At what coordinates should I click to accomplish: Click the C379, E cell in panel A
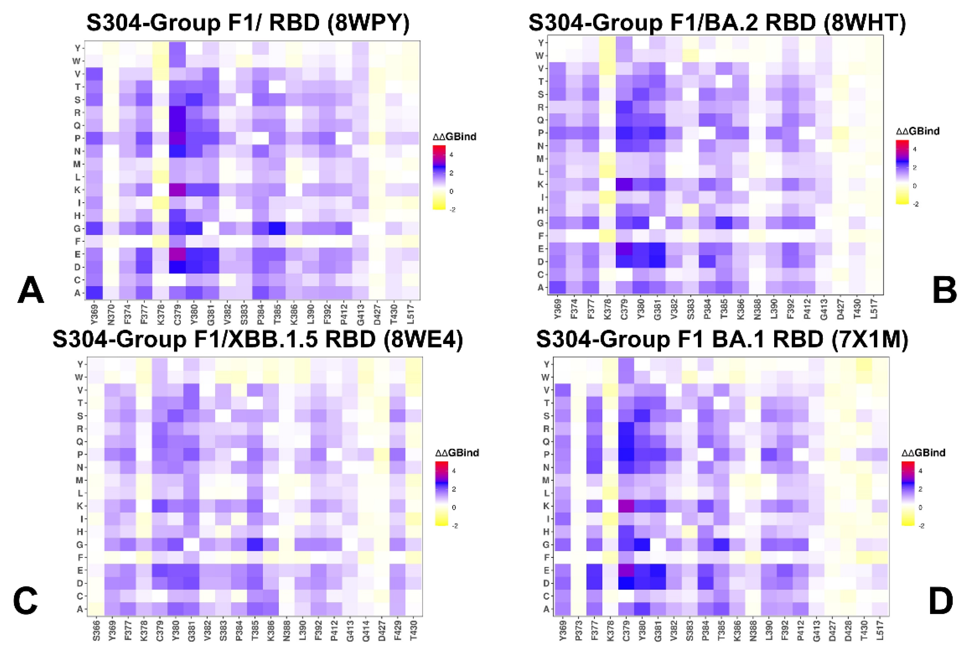(177, 254)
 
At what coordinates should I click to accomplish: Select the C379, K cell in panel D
(626, 506)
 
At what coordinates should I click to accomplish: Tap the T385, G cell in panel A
(277, 228)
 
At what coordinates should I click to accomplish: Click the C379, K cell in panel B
(624, 184)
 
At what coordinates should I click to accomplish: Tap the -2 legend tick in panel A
(452, 210)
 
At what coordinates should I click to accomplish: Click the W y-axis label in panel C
(79, 377)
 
